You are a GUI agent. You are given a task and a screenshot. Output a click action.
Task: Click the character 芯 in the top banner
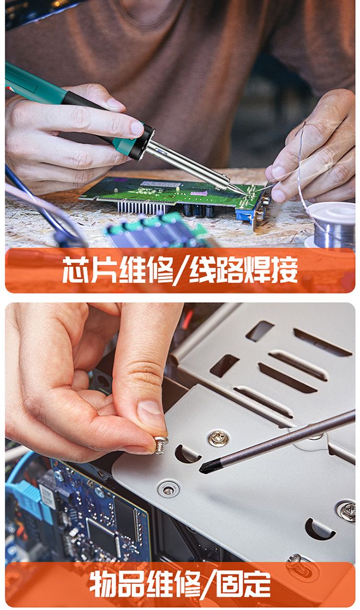tap(76, 269)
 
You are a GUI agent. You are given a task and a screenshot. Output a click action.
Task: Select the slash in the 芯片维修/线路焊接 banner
tap(181, 270)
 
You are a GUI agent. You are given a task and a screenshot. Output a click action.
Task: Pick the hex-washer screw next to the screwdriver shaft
tap(218, 438)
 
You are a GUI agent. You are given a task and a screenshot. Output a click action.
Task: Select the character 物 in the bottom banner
tap(103, 584)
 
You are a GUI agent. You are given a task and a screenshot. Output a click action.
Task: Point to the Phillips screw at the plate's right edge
tap(346, 511)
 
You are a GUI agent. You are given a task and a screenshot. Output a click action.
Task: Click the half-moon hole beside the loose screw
tap(187, 454)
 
